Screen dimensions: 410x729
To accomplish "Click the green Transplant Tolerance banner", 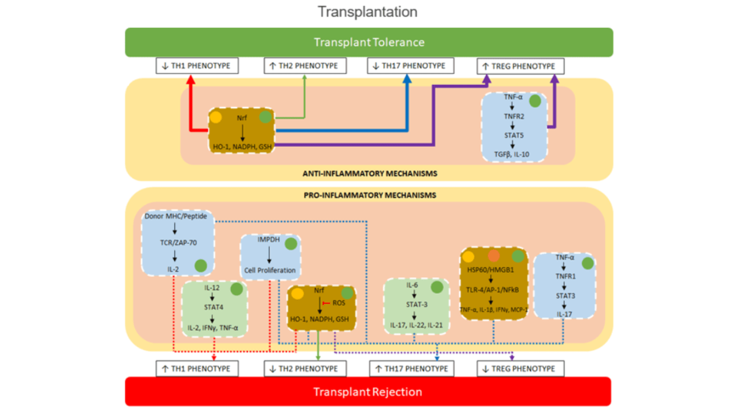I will pos(369,42).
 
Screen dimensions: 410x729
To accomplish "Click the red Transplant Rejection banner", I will pos(368,392).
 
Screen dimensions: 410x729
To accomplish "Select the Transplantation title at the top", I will pos(367,11).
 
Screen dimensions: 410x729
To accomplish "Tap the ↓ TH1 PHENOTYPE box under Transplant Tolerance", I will pos(197,66).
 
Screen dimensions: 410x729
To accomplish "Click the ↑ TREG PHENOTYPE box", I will pos(520,67).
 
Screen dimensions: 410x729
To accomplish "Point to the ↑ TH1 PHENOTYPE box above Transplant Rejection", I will pos(197,368).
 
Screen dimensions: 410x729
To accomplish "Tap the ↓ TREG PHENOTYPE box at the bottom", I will pos(520,368).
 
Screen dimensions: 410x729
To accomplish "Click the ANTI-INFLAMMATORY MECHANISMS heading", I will pos(368,173).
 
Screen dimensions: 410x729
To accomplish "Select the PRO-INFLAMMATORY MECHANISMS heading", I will pos(368,195).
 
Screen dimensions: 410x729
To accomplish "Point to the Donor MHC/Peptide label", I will pos(177,216).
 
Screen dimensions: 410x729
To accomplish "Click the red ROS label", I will pos(338,304).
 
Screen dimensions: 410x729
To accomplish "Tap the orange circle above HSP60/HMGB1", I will pos(493,256).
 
